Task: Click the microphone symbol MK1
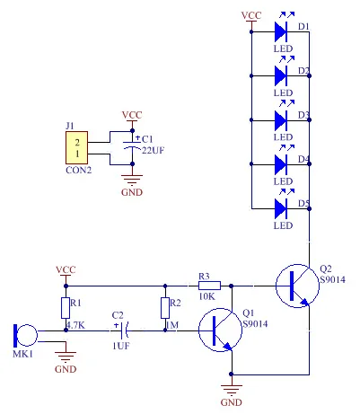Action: tap(26, 335)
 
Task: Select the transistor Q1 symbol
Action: tap(220, 330)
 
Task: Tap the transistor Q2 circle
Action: tap(297, 286)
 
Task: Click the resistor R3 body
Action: tap(209, 286)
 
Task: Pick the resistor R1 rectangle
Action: tap(66, 308)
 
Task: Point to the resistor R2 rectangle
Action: tap(165, 308)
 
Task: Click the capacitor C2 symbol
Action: tap(124, 330)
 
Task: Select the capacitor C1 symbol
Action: tap(132, 145)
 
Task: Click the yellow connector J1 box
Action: tap(77, 147)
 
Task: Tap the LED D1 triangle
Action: tap(281, 31)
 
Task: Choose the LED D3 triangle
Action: tap(281, 120)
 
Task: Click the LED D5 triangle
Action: tap(281, 208)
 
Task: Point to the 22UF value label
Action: tap(153, 150)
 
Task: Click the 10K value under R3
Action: tap(207, 296)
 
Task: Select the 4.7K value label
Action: tap(75, 325)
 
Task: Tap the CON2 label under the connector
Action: tap(78, 170)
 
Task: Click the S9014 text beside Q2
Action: tap(332, 279)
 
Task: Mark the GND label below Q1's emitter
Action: tap(231, 402)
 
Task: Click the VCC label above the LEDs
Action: tap(251, 15)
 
